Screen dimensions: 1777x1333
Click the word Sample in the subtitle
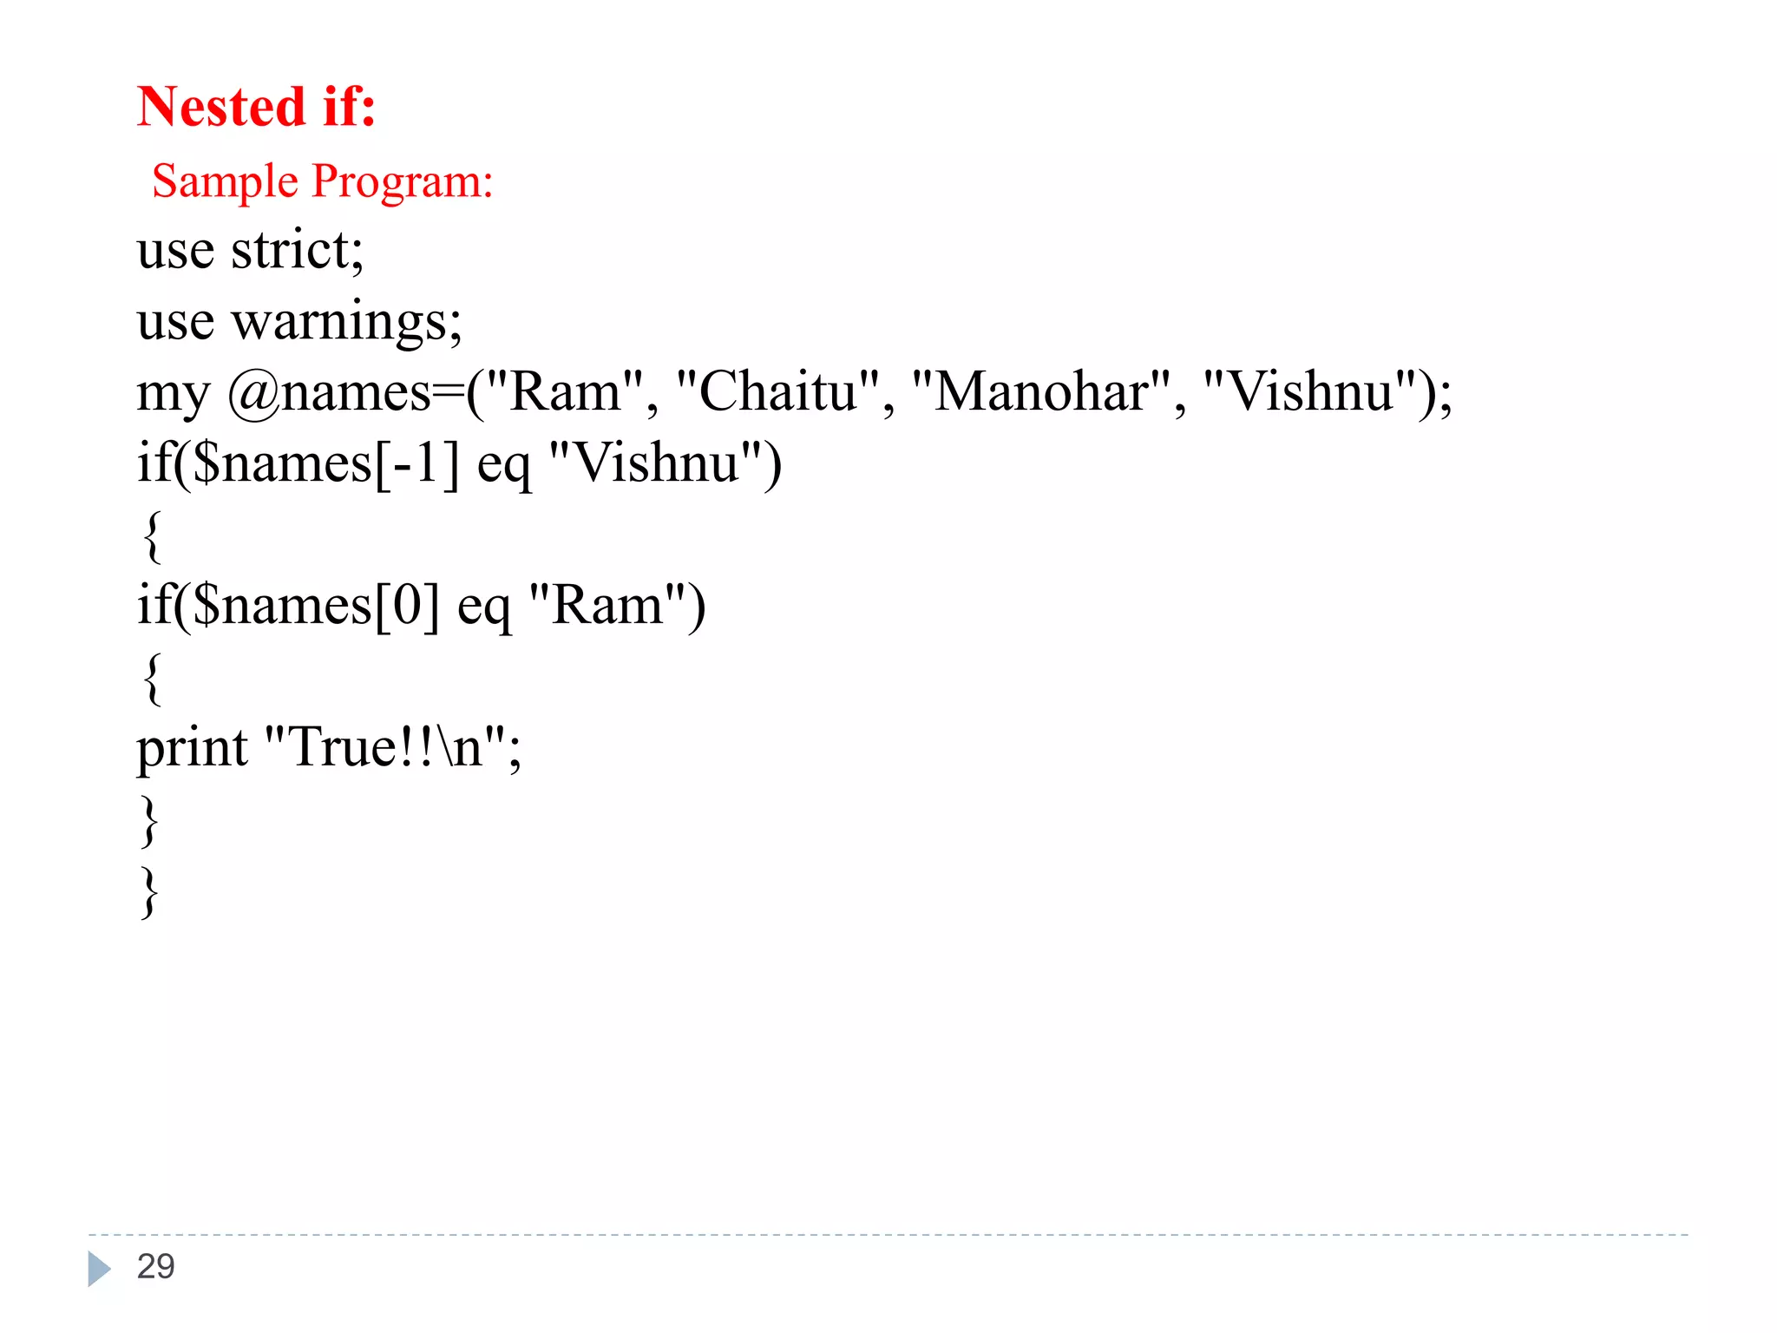click(225, 182)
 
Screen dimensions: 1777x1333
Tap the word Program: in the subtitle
click(403, 182)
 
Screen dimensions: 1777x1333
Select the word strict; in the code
click(297, 251)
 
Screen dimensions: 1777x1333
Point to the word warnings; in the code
click(346, 323)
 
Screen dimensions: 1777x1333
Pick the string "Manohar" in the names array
click(1040, 392)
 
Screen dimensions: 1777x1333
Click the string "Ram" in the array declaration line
click(565, 392)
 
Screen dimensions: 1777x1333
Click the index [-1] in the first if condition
click(416, 464)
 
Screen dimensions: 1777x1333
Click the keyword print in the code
click(192, 749)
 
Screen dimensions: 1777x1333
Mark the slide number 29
click(156, 1267)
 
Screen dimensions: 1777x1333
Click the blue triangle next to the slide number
click(99, 1269)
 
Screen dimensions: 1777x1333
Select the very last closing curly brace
click(149, 892)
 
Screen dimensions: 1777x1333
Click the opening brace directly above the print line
click(151, 679)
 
